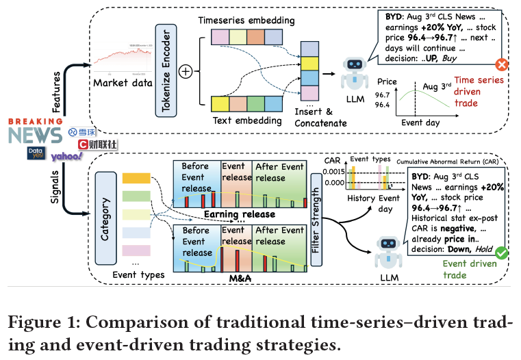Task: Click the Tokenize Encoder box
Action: tap(162, 70)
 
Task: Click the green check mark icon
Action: tap(502, 253)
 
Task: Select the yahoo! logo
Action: tap(66, 157)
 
